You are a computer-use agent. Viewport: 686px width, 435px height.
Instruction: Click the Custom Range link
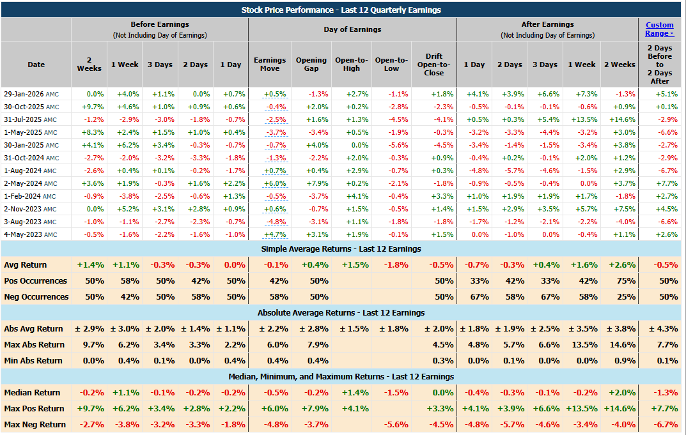click(x=659, y=29)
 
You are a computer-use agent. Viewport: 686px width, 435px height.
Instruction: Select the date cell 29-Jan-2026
click(x=24, y=94)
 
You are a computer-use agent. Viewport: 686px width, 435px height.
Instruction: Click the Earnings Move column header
click(x=270, y=65)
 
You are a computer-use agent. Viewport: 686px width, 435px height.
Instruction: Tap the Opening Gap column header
click(x=311, y=65)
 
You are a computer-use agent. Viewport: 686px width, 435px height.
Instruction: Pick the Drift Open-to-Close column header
click(x=433, y=65)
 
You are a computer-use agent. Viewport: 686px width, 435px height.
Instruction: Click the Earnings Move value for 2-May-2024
click(x=275, y=183)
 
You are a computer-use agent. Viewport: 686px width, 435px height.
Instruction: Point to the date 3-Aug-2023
click(x=23, y=222)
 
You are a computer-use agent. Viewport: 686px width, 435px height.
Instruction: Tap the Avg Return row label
click(x=26, y=265)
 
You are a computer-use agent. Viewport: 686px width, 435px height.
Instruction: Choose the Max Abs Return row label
click(x=34, y=345)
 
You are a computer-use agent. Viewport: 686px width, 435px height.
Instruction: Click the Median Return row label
click(x=32, y=393)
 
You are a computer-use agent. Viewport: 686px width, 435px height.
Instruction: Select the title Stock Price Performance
click(x=287, y=10)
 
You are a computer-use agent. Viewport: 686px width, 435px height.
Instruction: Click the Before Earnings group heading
click(x=160, y=24)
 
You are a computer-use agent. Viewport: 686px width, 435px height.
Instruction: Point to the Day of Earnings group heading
click(x=352, y=29)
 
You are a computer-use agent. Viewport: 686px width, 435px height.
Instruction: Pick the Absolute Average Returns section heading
click(x=306, y=313)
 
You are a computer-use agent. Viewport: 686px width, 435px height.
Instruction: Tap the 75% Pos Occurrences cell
click(x=626, y=281)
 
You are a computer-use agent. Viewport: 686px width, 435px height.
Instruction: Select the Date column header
click(x=36, y=65)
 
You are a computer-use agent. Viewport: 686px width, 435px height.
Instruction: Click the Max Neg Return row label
click(x=35, y=425)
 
